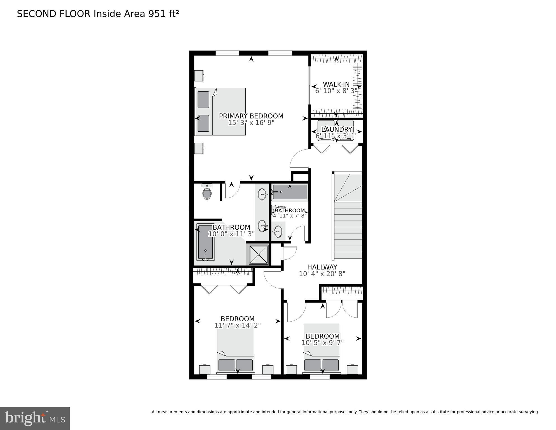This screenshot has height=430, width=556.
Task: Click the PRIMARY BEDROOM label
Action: pyautogui.click(x=251, y=116)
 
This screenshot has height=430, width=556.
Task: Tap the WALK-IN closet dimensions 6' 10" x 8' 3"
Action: pyautogui.click(x=336, y=91)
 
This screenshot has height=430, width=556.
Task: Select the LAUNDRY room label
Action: pyautogui.click(x=336, y=129)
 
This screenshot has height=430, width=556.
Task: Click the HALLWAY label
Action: pyautogui.click(x=322, y=267)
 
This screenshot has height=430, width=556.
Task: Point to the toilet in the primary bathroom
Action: pyautogui.click(x=207, y=192)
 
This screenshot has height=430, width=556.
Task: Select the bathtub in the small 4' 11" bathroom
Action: pyautogui.click(x=289, y=192)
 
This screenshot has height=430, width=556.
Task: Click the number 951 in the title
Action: pyautogui.click(x=157, y=14)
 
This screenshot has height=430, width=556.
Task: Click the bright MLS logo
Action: pyautogui.click(x=35, y=419)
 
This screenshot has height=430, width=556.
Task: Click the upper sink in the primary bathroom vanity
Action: pyautogui.click(x=262, y=194)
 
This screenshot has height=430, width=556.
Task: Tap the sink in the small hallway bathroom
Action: pyautogui.click(x=278, y=231)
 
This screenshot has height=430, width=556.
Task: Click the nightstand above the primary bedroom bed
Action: pyautogui.click(x=199, y=75)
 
